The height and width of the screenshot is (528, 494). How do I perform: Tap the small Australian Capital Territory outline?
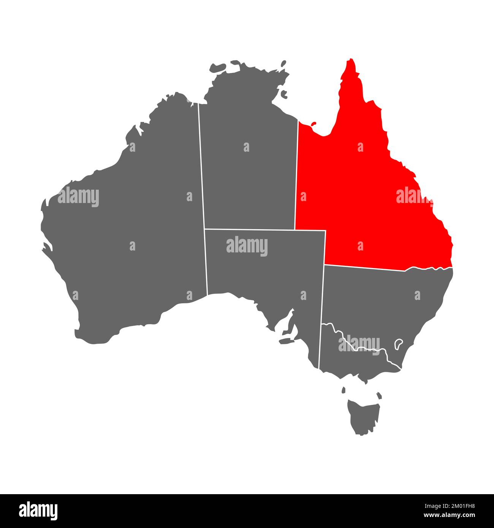click(399, 344)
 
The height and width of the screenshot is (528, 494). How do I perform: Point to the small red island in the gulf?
click(313, 124)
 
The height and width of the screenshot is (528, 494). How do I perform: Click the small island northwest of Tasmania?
click(344, 390)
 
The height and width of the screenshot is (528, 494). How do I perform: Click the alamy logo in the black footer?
click(38, 511)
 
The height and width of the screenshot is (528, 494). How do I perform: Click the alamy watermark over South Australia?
click(247, 246)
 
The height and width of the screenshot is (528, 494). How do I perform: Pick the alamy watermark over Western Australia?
click(78, 197)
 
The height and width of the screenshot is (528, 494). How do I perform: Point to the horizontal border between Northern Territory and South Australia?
click(251, 229)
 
